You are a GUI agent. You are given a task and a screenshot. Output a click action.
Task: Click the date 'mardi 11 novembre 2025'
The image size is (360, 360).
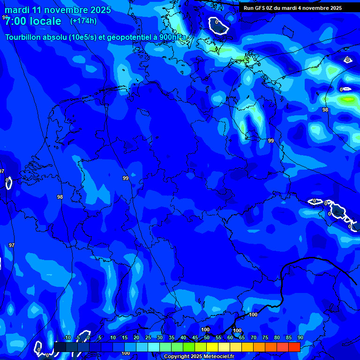[58, 10]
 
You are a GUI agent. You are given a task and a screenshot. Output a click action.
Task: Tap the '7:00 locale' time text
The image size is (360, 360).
[33, 21]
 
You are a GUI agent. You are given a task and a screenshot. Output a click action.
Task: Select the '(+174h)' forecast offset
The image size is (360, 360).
[83, 21]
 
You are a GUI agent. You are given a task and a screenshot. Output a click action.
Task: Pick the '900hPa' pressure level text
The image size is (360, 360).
[172, 37]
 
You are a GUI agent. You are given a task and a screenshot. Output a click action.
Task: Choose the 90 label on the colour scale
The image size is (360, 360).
[300, 338]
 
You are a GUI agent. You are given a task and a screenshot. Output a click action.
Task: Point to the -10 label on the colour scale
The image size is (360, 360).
[67, 338]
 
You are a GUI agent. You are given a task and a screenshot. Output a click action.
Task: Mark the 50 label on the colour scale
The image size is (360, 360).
[206, 338]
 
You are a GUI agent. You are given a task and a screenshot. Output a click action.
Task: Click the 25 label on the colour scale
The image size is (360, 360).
[148, 338]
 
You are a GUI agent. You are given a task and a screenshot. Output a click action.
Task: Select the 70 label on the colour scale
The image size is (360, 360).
[253, 338]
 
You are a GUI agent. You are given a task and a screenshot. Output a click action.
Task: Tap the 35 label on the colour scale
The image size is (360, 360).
[171, 338]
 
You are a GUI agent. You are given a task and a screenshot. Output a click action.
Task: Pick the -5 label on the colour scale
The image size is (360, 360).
[78, 338]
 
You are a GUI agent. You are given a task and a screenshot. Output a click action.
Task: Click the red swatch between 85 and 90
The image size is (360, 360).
[294, 347]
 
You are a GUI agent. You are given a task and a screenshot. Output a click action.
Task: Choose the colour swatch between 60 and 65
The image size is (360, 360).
[235, 347]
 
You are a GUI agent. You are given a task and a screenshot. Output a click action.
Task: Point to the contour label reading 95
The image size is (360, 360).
[5, 17]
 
